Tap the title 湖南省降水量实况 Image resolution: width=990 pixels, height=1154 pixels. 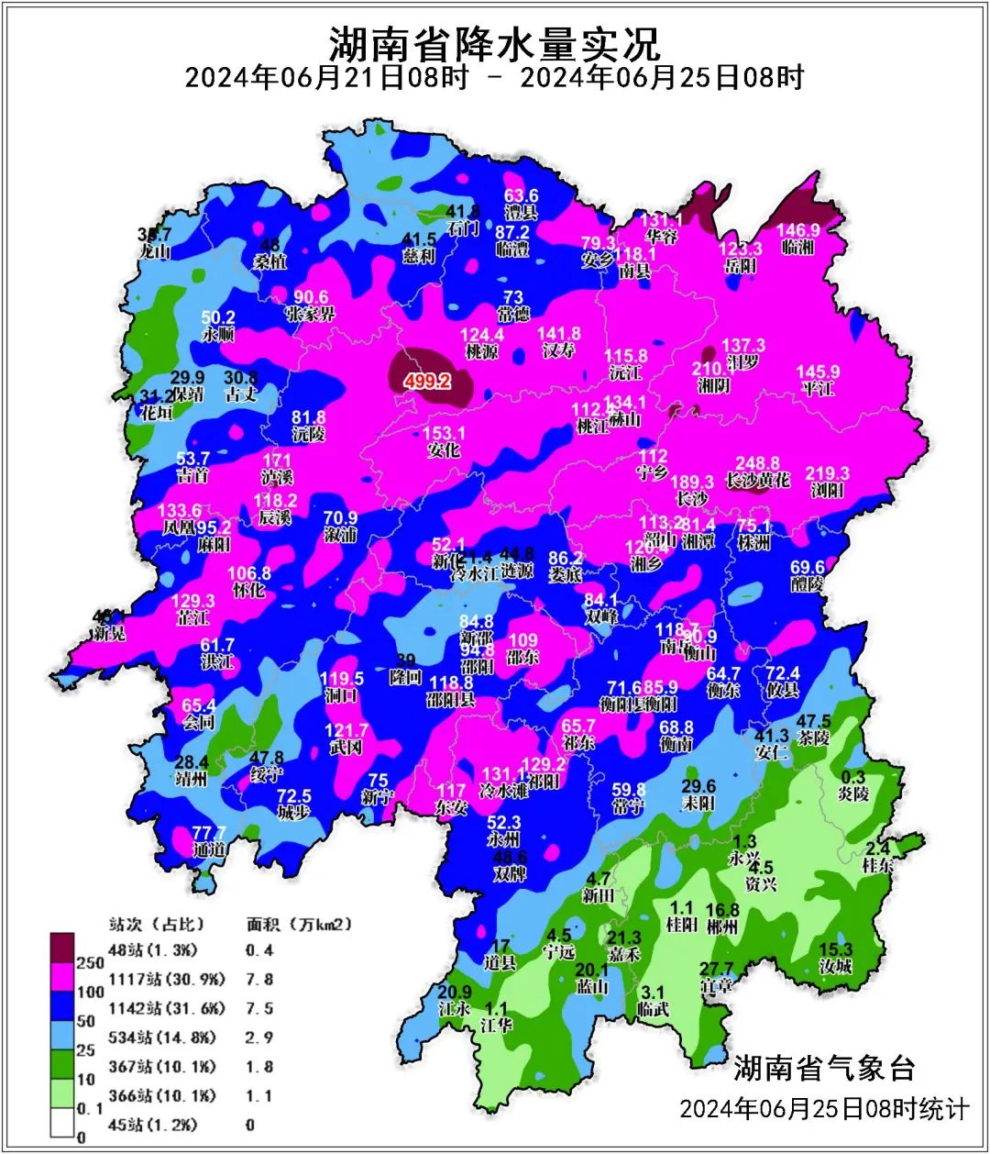[x=494, y=42]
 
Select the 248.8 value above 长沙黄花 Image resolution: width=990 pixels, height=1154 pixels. [x=757, y=464]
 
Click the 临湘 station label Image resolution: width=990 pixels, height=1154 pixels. [x=797, y=248]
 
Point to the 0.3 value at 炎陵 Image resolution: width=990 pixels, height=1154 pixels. [x=852, y=778]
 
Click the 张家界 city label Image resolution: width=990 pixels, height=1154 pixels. [x=310, y=314]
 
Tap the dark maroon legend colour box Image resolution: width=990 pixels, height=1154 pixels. [x=61, y=946]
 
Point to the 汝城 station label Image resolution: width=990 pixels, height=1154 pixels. [x=835, y=966]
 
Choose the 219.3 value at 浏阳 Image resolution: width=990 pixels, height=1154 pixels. [x=827, y=473]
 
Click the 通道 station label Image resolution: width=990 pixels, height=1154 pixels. [x=209, y=849]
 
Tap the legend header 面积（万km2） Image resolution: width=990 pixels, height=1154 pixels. [x=299, y=924]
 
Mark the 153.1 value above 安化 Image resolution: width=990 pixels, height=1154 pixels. [x=444, y=433]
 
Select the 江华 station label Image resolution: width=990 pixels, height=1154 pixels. [x=496, y=1025]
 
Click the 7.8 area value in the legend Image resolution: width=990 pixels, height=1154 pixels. [x=259, y=980]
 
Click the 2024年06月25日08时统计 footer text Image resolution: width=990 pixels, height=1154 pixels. [x=823, y=1109]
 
